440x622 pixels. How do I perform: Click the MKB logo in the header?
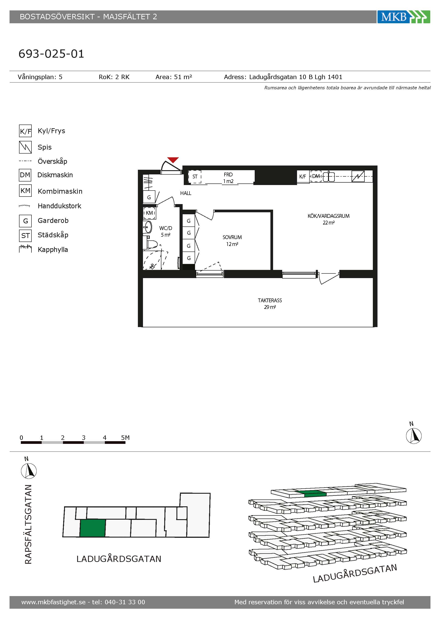pyautogui.click(x=403, y=17)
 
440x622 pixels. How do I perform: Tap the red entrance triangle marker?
pyautogui.click(x=173, y=160)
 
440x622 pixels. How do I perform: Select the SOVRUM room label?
pyautogui.click(x=232, y=237)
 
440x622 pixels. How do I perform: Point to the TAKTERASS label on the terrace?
pyautogui.click(x=270, y=300)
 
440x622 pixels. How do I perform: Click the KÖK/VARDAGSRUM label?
pyautogui.click(x=328, y=216)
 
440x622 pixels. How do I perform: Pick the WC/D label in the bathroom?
pyautogui.click(x=166, y=228)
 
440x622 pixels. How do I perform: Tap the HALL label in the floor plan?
pyautogui.click(x=186, y=193)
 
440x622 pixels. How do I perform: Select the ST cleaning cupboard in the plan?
pyautogui.click(x=195, y=177)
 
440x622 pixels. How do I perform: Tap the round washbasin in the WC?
pyautogui.click(x=147, y=227)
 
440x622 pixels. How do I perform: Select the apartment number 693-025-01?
pyautogui.click(x=51, y=54)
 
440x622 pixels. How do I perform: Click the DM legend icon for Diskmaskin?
pyautogui.click(x=25, y=175)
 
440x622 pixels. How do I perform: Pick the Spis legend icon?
pyautogui.click(x=25, y=147)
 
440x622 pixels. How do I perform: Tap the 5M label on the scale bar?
pyautogui.click(x=125, y=437)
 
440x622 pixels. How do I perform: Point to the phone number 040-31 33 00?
pyautogui.click(x=125, y=602)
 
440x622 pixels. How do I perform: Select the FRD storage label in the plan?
pyautogui.click(x=228, y=175)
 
